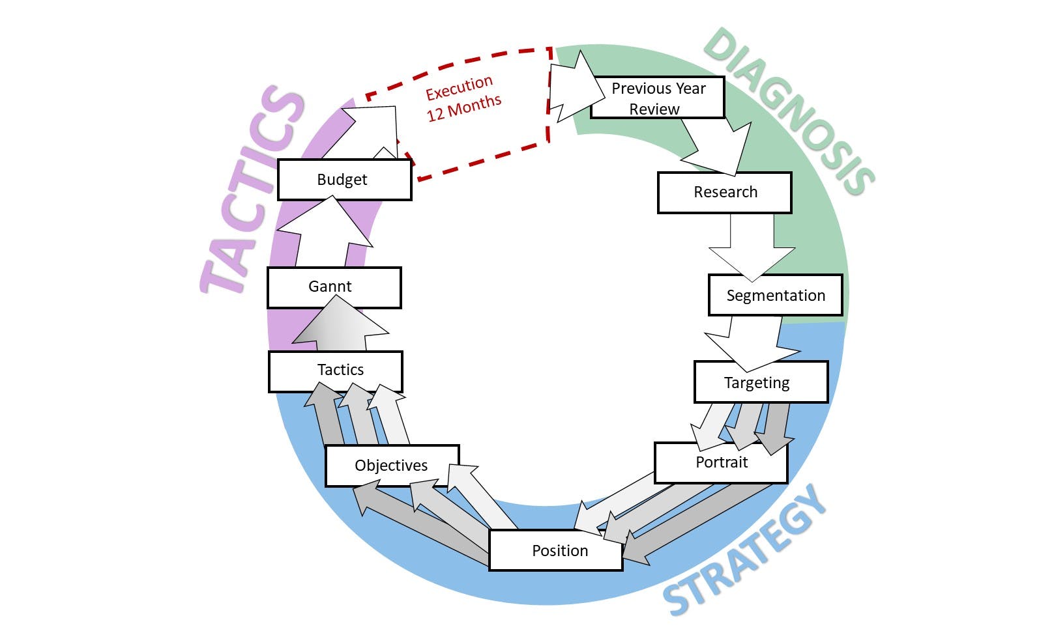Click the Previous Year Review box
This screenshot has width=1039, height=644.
tap(658, 98)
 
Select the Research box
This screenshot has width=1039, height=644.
tap(724, 193)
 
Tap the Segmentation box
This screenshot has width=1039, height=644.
tap(775, 296)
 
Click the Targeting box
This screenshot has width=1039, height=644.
tap(761, 382)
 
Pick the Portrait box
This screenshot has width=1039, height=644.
tap(721, 462)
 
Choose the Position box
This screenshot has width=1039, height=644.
tap(556, 551)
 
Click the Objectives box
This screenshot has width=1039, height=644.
tap(392, 466)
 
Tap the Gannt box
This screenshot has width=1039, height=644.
tap(334, 287)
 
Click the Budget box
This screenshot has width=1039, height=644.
tap(344, 180)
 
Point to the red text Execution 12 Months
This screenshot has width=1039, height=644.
tap(463, 98)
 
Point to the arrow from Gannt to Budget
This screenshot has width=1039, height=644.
tap(327, 234)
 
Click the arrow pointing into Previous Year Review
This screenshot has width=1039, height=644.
tap(574, 88)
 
